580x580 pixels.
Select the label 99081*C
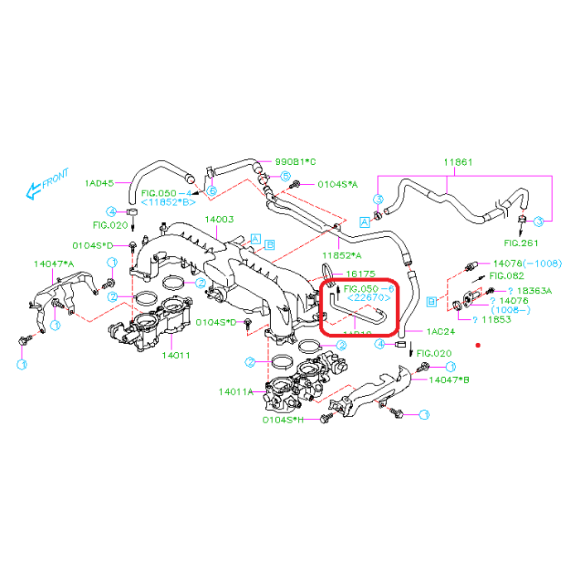pos(296,162)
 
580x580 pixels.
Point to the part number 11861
pos(457,162)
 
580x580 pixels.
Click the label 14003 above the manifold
pos(220,220)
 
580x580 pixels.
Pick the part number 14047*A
pos(54,263)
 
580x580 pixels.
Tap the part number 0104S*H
pos(283,420)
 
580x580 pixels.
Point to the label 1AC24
pos(442,331)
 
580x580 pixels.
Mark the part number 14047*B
pos(449,380)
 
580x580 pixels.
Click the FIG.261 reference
pos(521,243)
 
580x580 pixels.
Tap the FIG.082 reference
pos(506,275)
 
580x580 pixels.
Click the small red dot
pos(478,344)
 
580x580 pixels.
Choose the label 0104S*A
pos(337,184)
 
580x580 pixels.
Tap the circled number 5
pos(284,176)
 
